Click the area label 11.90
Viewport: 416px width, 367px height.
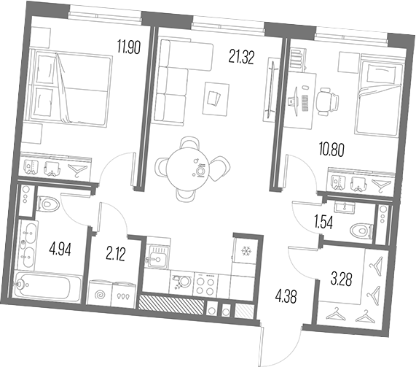click(x=129, y=47)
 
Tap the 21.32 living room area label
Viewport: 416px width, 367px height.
click(x=241, y=58)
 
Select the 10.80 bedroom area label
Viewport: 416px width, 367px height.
click(x=331, y=150)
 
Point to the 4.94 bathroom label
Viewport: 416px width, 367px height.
click(x=60, y=250)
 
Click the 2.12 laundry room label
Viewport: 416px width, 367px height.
click(x=115, y=254)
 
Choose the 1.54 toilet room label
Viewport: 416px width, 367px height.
click(x=323, y=223)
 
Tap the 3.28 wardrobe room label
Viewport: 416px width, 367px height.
click(x=342, y=279)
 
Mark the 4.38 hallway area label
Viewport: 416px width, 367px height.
click(x=286, y=296)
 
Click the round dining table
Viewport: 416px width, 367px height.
click(x=188, y=168)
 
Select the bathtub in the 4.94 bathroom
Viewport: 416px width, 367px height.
click(x=44, y=287)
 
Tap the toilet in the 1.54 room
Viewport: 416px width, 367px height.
click(x=362, y=231)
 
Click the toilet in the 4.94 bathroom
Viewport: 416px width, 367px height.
click(x=48, y=204)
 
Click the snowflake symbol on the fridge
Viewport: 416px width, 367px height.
click(x=246, y=250)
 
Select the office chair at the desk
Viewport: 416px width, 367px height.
click(x=327, y=101)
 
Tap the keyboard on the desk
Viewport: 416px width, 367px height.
click(x=305, y=103)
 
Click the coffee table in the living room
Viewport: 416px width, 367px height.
click(x=216, y=98)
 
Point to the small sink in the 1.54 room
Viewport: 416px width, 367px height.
click(x=345, y=206)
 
